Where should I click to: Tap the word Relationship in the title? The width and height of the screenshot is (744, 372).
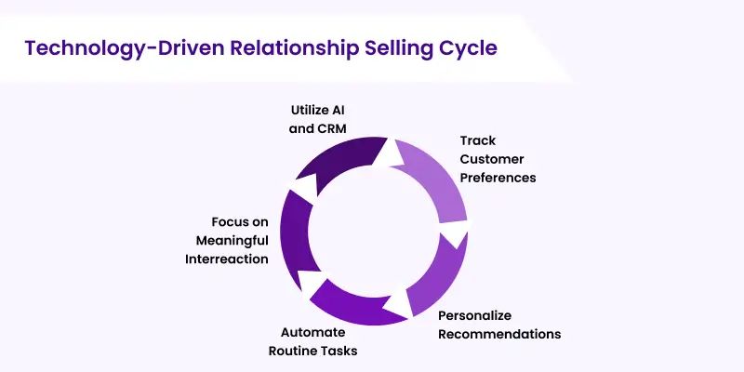pyautogui.click(x=293, y=48)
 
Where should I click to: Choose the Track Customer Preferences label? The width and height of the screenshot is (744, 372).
pyautogui.click(x=498, y=159)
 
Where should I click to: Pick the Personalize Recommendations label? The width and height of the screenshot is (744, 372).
pyautogui.click(x=499, y=325)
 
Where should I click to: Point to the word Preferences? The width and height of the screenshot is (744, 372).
pyautogui.click(x=498, y=177)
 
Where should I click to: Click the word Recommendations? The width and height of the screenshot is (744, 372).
pyautogui.click(x=499, y=333)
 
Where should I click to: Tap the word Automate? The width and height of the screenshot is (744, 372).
pyautogui.click(x=313, y=332)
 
